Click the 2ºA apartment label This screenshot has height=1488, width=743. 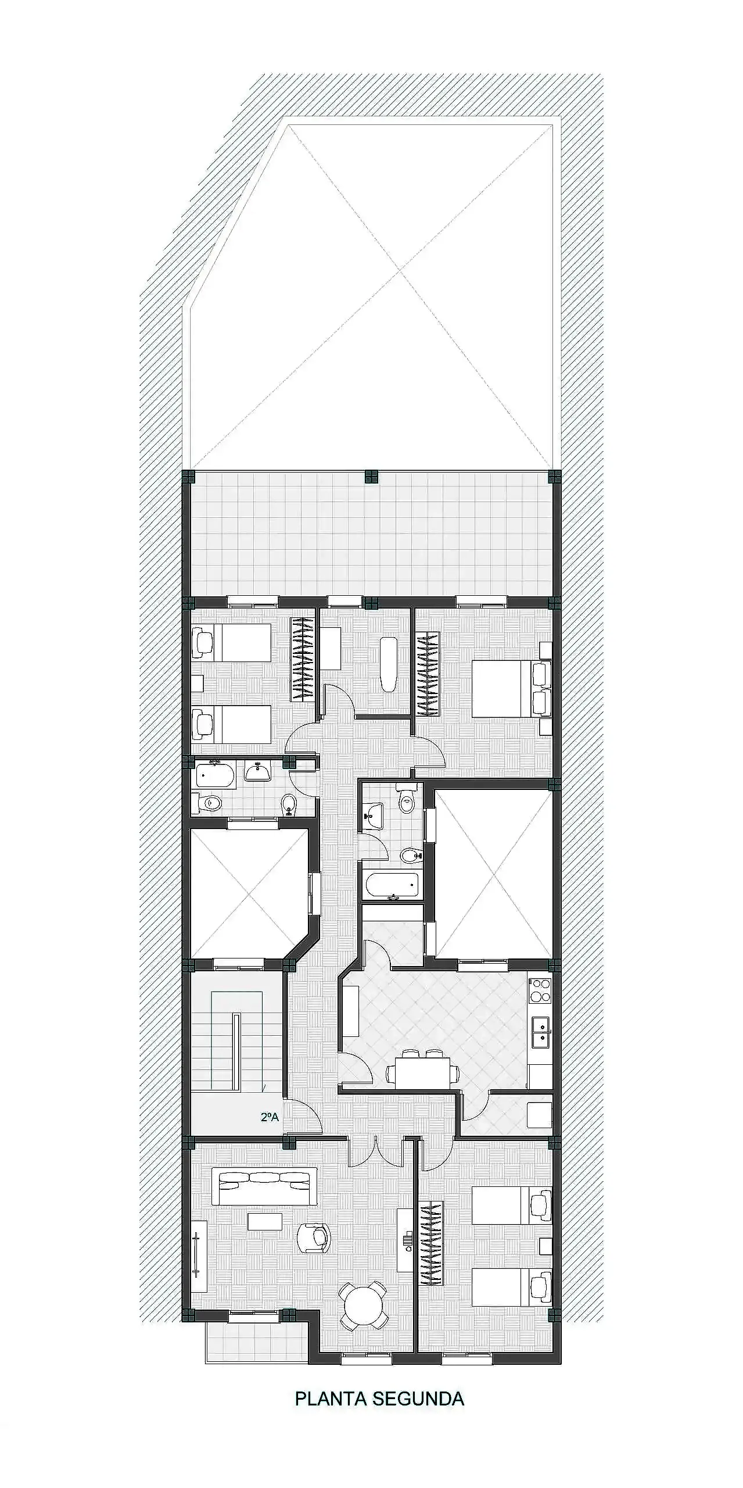270,1117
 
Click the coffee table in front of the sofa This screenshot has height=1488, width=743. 265,1221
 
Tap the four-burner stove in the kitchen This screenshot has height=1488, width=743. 540,991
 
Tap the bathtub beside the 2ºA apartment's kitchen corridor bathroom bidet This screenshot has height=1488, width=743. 392,886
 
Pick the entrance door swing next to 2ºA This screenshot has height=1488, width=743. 304,1117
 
